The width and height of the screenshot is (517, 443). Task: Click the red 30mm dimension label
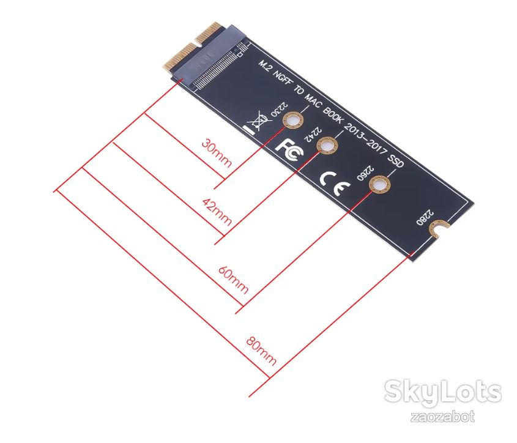pos(217,153)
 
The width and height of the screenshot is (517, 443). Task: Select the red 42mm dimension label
pos(217,212)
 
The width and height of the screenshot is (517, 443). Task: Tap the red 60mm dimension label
pos(233,280)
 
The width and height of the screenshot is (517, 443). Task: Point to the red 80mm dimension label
pos(261,351)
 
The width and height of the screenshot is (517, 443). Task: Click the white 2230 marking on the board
pos(279,109)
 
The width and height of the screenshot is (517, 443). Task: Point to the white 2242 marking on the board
pos(313,134)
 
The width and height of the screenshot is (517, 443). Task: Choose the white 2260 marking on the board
pos(365,173)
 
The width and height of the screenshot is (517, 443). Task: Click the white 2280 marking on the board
pos(425,217)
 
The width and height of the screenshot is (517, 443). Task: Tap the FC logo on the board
pos(290,150)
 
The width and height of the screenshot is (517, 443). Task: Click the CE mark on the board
pos(335,183)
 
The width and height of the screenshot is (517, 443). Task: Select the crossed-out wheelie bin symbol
pos(258,121)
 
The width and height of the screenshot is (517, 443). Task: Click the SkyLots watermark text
pos(442,392)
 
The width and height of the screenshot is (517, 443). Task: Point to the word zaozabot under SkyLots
pos(442,417)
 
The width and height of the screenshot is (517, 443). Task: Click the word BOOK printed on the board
pos(333,115)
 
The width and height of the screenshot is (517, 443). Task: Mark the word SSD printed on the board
pos(395,161)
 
